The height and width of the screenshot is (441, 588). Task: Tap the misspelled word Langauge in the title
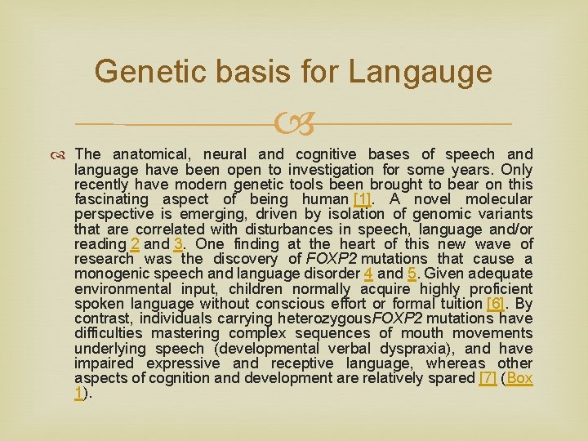pos(421,72)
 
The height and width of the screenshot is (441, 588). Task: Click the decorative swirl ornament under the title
pos(295,124)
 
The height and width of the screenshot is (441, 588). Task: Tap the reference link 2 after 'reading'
pos(135,243)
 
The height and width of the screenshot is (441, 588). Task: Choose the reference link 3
pos(177,243)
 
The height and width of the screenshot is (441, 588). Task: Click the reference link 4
pos(368,274)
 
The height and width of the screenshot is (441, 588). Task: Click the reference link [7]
pos(487,378)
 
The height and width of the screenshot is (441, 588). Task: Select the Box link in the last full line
pos(519,378)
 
